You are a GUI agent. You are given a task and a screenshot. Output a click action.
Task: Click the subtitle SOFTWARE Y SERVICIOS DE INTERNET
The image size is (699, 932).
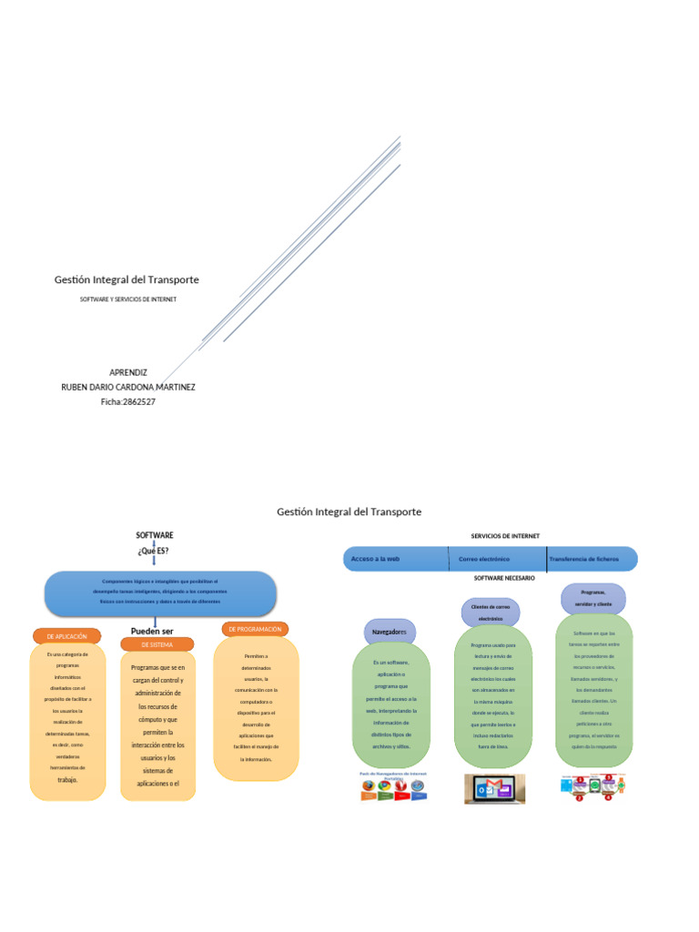[127, 299]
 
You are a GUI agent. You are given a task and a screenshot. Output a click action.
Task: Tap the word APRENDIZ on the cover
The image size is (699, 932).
[127, 372]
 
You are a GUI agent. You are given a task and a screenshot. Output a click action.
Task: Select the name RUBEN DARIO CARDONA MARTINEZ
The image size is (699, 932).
[127, 387]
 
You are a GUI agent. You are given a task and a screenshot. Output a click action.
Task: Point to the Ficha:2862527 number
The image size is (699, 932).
[127, 401]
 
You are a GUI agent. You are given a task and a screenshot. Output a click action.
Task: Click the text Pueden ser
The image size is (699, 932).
[152, 631]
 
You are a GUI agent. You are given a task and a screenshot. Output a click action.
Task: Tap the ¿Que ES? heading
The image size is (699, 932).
[154, 551]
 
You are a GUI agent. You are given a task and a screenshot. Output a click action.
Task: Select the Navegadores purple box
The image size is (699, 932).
[390, 632]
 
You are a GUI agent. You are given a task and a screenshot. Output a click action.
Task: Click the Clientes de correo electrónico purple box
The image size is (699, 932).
[490, 612]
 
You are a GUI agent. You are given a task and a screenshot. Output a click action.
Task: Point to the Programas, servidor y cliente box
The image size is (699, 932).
[593, 598]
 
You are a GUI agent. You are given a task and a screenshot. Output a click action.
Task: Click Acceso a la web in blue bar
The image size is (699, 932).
[376, 559]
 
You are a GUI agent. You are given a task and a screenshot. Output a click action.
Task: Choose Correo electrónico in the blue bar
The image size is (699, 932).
[484, 559]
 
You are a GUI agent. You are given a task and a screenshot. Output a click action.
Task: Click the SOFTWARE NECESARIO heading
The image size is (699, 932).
[504, 578]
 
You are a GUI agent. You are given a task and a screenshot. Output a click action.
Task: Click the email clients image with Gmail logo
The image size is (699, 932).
[494, 788]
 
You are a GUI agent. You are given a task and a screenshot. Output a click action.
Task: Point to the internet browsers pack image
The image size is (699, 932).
[393, 786]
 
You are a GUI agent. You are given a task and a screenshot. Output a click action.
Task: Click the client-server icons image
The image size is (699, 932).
[593, 787]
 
